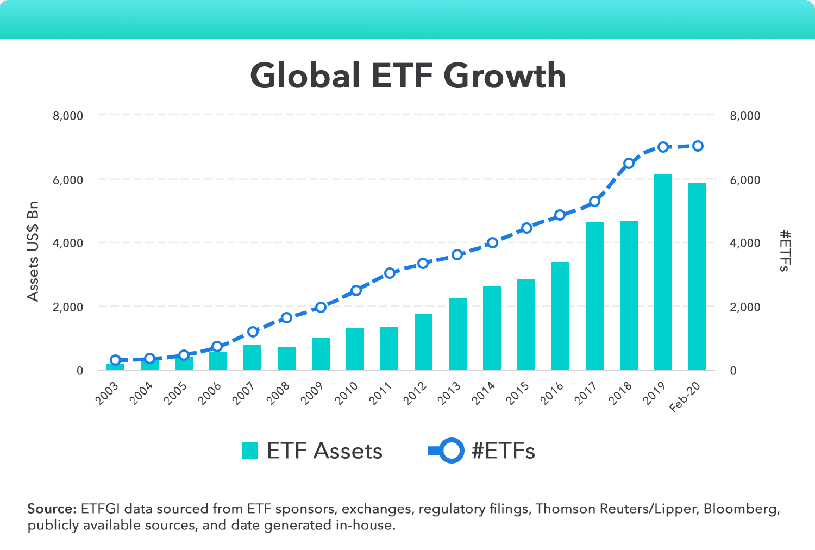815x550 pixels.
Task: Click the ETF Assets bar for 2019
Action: click(663, 272)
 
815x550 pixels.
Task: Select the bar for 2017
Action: click(594, 296)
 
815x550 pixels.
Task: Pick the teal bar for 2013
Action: click(457, 334)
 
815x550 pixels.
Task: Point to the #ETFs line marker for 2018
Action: click(629, 163)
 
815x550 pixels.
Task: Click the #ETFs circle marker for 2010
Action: click(356, 290)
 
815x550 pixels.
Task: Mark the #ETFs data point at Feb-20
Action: click(698, 146)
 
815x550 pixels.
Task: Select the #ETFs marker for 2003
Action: click(115, 360)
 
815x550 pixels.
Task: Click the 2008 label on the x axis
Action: click(278, 393)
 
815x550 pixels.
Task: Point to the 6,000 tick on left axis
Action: click(68, 180)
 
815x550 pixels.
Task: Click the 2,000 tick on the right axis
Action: click(745, 307)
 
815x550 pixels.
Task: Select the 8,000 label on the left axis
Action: click(68, 116)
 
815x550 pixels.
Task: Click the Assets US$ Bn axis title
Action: click(34, 251)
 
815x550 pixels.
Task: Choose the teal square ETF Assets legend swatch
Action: click(250, 451)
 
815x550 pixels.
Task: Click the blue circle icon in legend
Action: click(450, 451)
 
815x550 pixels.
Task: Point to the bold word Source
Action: click(52, 509)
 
